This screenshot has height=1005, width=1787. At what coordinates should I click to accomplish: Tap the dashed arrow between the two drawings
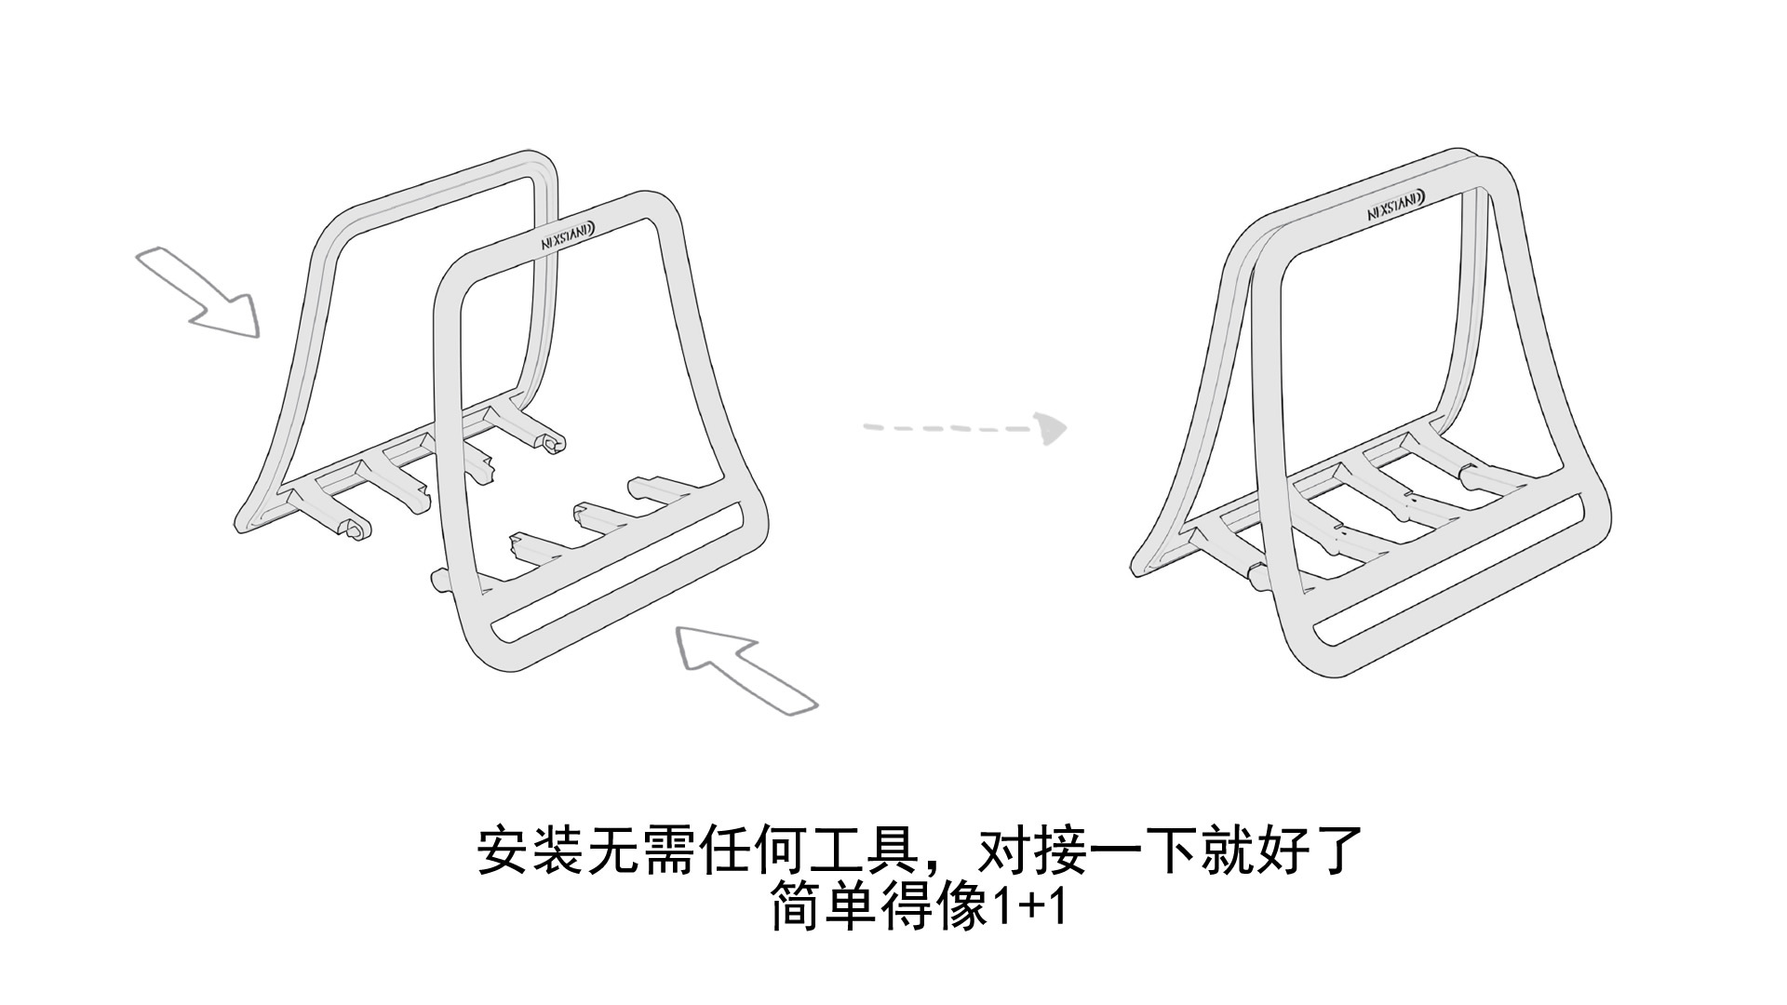point(968,428)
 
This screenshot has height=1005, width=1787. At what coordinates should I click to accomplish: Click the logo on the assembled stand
point(1397,206)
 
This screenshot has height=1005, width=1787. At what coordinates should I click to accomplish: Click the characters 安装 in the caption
point(531,851)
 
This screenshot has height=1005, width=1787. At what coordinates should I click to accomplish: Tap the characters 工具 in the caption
point(865,851)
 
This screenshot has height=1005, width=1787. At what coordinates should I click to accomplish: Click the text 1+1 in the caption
point(1028,907)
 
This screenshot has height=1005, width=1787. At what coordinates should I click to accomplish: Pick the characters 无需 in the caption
point(643,851)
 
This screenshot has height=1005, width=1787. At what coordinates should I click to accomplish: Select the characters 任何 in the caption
point(754,851)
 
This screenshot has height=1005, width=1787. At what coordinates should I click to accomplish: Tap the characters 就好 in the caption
point(1253,851)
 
